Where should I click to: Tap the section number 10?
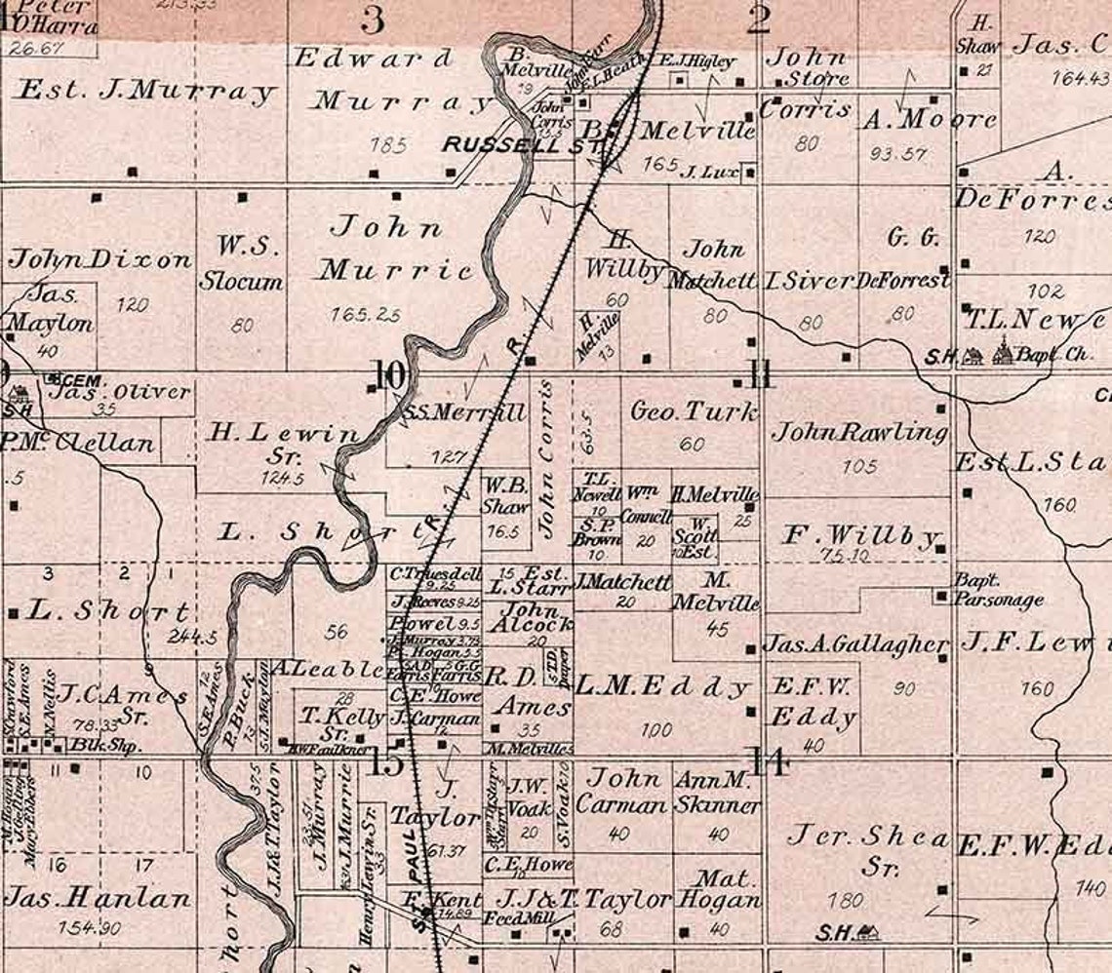[387, 375]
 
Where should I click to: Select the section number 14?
[768, 761]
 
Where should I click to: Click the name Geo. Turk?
[694, 412]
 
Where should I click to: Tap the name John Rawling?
[858, 432]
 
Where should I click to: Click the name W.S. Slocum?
[241, 262]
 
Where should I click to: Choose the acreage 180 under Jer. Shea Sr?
[845, 900]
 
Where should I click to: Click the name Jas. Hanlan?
[98, 897]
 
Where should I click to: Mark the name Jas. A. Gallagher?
[855, 644]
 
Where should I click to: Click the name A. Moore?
[929, 120]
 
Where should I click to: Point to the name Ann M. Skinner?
[717, 794]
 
